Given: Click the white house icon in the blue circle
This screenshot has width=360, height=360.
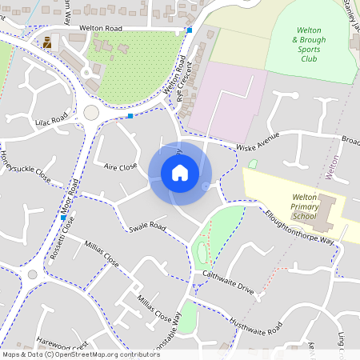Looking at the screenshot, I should [180, 172].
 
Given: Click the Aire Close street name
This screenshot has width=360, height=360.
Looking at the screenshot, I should [121, 166].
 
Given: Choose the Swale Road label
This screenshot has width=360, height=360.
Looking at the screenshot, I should [146, 228].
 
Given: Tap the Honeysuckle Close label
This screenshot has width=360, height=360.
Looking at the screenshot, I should [25, 166].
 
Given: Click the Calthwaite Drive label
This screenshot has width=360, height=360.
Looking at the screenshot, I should [228, 283].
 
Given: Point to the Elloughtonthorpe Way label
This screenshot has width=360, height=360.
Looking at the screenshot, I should [299, 233].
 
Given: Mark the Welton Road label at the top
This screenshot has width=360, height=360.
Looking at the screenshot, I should [101, 27].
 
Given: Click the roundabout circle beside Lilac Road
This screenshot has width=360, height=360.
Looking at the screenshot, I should [91, 113].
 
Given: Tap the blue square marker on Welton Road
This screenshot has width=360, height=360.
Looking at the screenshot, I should [190, 30].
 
